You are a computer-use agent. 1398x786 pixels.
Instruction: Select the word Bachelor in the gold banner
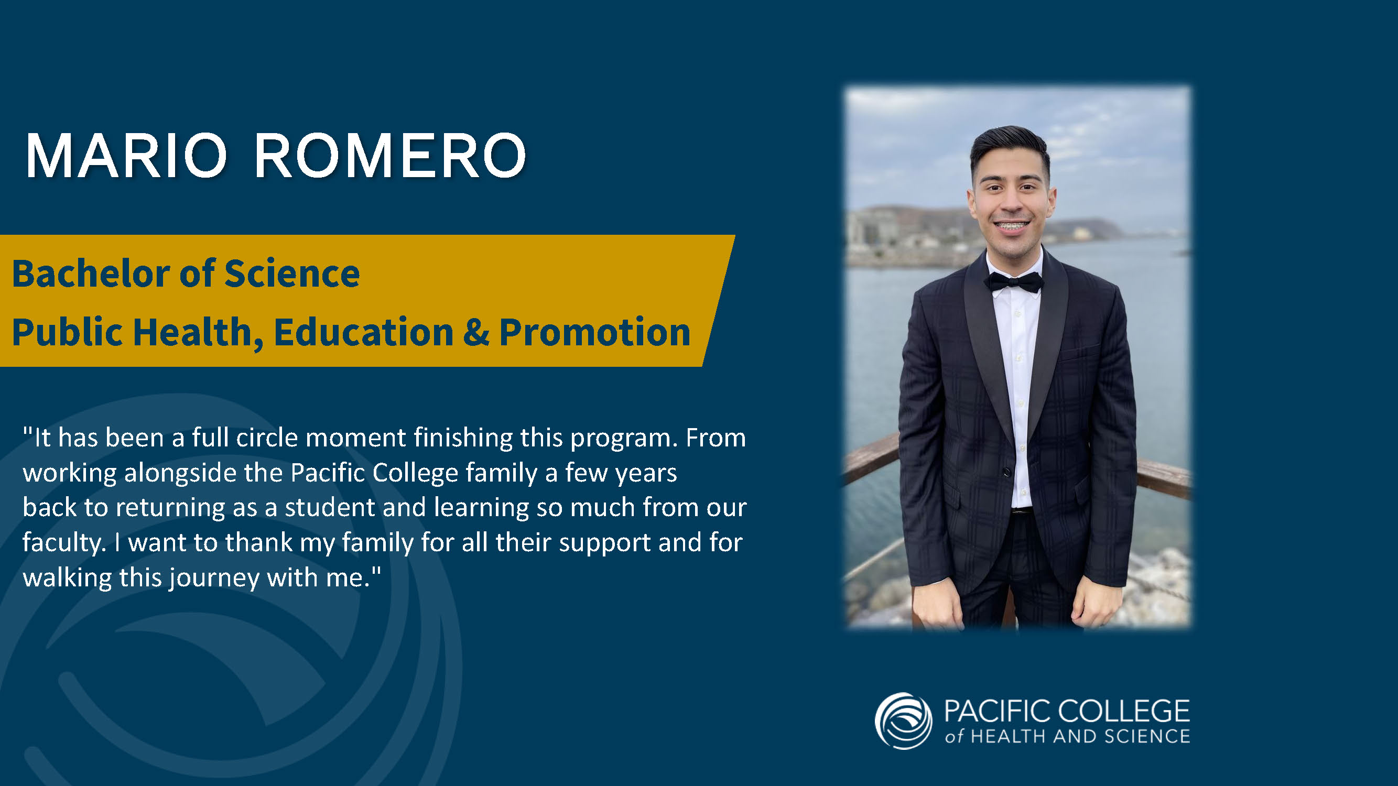coord(91,274)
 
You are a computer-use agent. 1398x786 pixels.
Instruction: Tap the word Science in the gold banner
coord(292,274)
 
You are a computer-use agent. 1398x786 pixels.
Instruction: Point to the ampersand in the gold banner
coord(476,332)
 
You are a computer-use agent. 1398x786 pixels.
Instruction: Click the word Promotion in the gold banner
coord(595,332)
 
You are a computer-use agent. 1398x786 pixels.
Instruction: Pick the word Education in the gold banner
coord(364,332)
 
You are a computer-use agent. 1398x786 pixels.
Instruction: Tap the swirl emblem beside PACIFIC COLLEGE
coord(904,721)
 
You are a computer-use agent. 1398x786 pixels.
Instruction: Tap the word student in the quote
coord(330,508)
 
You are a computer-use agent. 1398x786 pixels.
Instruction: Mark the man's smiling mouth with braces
coord(1011,225)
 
